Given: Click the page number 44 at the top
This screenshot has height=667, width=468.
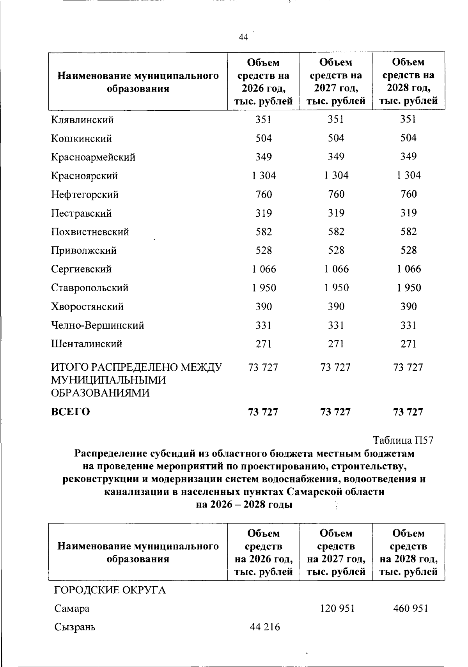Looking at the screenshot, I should coord(243,37).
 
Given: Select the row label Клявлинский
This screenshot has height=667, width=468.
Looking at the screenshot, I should coord(82,120).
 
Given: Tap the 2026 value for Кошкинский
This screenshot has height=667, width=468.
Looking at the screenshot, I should coord(264,138).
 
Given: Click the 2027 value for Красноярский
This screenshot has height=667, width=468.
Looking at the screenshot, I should coord(336,176).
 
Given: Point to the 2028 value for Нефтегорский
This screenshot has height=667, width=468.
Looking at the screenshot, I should coord(409,194).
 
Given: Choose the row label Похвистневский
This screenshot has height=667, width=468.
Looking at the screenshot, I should coord(90,232).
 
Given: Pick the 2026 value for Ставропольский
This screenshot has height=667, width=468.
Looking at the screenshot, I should coord(264,288).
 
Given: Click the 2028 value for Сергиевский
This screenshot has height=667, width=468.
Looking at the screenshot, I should coord(409,269).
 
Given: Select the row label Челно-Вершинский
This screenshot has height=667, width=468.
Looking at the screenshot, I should coord(97,326).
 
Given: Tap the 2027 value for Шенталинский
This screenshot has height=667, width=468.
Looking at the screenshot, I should coord(336,344).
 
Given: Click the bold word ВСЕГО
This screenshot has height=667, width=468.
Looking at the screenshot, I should coord(71,412).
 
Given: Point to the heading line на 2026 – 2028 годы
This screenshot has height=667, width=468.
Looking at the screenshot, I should coord(244,505).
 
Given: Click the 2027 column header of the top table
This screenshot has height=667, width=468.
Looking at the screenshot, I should coord(336,81).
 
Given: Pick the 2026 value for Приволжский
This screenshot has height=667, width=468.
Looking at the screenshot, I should coord(264,251).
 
